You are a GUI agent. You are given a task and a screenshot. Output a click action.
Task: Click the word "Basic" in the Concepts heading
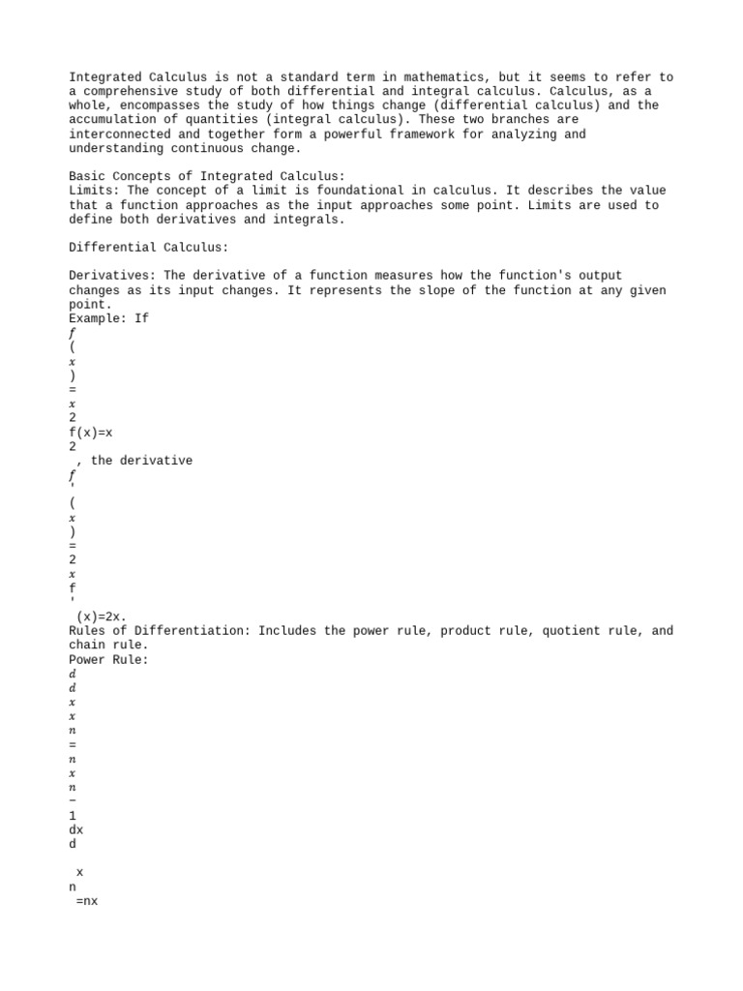coord(87,176)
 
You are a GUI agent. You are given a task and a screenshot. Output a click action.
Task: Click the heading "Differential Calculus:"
coord(148,248)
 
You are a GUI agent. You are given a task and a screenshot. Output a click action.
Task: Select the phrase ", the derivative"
coord(134,461)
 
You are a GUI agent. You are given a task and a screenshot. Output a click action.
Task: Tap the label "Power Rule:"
coord(108,659)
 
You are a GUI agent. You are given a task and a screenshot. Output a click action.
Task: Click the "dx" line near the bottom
coord(76,829)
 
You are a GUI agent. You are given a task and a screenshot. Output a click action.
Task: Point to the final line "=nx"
coord(87,901)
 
